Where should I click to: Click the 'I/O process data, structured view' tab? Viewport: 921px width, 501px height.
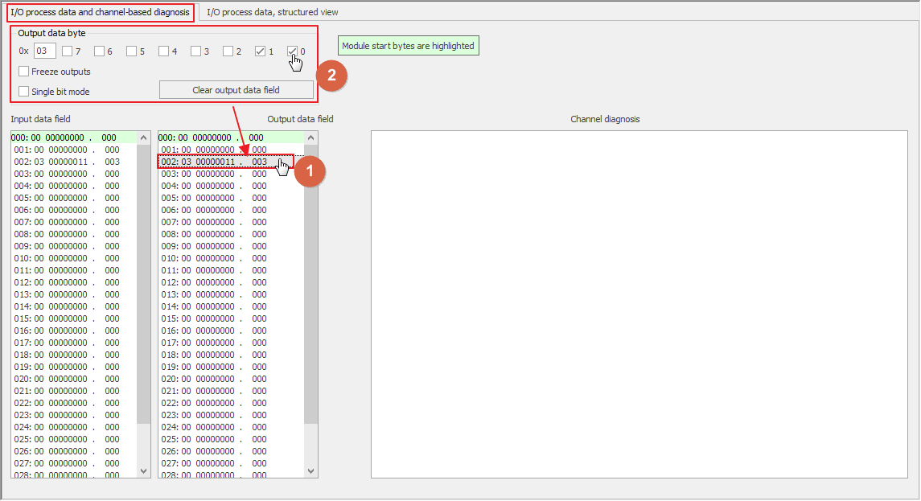(272, 12)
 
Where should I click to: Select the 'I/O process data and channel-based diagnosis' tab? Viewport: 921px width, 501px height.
(100, 12)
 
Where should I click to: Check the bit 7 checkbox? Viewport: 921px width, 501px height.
(67, 51)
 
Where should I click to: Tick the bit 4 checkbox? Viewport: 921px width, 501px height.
(163, 51)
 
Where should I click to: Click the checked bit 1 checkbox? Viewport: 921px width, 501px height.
(260, 51)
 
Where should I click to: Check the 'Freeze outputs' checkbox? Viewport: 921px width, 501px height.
(23, 72)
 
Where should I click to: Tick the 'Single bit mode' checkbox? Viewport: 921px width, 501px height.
(23, 92)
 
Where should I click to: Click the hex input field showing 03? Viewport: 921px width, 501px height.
(44, 51)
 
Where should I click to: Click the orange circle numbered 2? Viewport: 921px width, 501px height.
(332, 75)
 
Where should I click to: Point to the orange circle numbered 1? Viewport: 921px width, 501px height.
(310, 171)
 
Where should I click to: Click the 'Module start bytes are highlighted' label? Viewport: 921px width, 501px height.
(409, 46)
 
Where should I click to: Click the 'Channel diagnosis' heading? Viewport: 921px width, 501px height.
(605, 119)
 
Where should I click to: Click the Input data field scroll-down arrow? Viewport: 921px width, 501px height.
(144, 471)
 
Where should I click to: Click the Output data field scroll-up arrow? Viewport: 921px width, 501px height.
(310, 138)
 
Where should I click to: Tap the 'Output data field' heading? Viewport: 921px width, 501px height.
(300, 119)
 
